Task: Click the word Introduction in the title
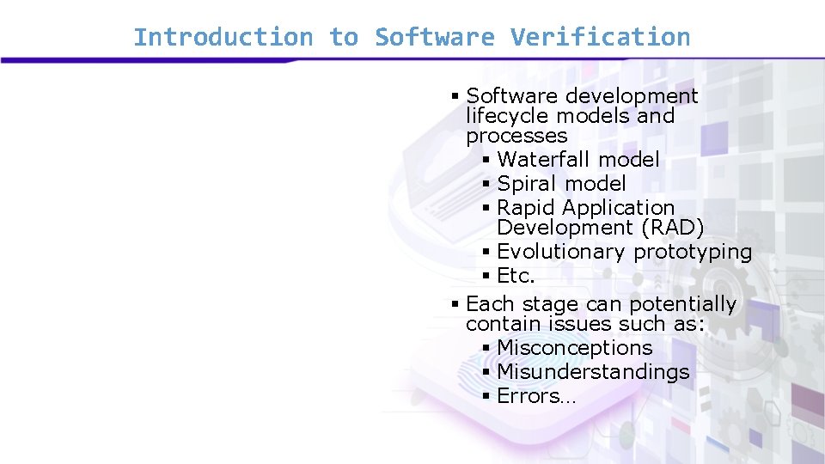pos(223,37)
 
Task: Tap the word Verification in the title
pos(600,37)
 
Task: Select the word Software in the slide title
pos(434,37)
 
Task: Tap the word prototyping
pos(693,252)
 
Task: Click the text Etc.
pos(516,276)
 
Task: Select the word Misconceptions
pos(575,348)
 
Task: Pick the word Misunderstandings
pos(593,372)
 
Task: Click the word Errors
pos(528,396)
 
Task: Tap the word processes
pos(516,136)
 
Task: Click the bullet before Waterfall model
pos(486,160)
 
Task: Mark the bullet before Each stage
pos(455,304)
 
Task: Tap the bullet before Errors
pos(486,396)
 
